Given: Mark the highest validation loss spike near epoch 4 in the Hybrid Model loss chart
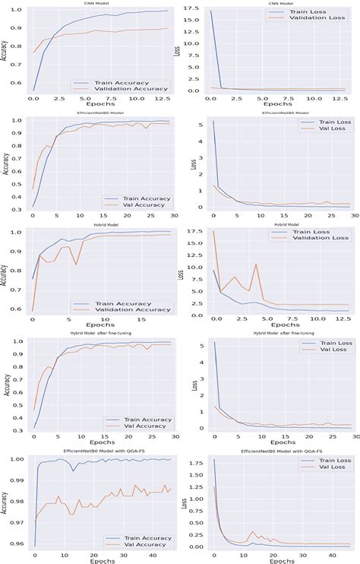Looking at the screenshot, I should pos(257,264).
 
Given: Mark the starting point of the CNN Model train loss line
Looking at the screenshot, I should pos(212,11).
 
